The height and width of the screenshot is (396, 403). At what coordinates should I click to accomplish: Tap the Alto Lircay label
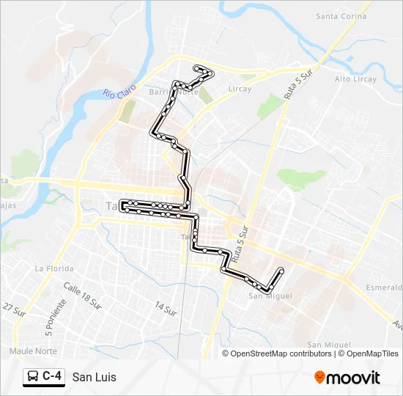[x=355, y=79]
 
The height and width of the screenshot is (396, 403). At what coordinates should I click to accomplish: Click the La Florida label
[x=54, y=269]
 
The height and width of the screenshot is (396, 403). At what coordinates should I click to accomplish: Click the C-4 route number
[x=52, y=377]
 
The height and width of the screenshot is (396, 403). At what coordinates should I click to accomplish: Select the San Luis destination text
[x=94, y=377]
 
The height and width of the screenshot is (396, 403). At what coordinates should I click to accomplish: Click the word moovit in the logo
[x=353, y=378]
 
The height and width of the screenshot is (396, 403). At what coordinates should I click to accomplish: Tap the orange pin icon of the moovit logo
[x=319, y=377]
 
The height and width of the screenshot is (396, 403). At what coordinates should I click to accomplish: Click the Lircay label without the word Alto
[x=239, y=89]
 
